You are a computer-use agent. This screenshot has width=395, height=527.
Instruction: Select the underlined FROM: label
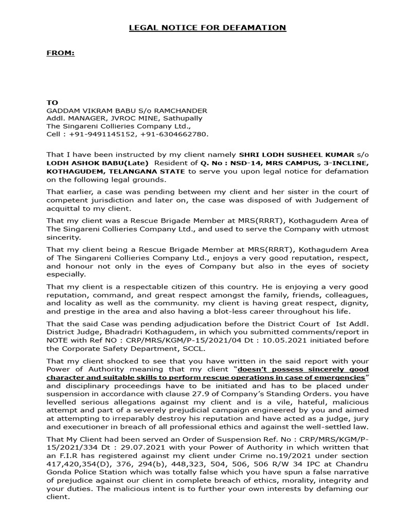61,52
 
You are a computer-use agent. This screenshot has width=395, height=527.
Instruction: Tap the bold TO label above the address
52,103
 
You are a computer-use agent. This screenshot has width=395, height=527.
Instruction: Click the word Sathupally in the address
188,118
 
